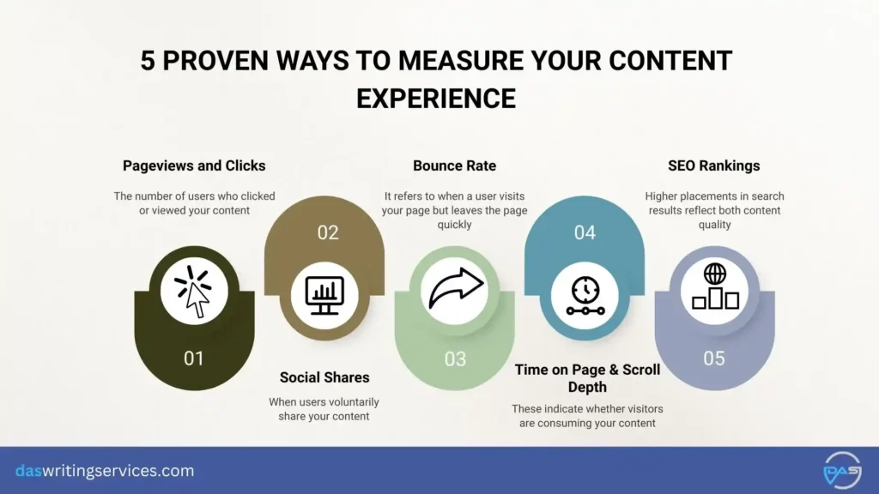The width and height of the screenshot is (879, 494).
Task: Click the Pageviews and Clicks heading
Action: (194, 166)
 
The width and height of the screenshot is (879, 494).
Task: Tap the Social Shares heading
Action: (324, 377)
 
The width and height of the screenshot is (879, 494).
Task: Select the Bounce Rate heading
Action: (454, 166)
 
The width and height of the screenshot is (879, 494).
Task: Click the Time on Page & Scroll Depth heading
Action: (587, 378)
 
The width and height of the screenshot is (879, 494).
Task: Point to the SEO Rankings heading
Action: (713, 166)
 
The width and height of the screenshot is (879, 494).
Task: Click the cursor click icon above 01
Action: (194, 292)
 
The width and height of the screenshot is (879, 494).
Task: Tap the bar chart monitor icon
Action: (324, 294)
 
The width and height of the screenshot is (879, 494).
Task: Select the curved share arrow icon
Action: (454, 292)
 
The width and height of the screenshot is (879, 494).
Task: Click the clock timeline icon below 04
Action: (585, 294)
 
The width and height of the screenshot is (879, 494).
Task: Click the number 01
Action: (194, 358)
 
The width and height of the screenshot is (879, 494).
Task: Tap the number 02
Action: (327, 232)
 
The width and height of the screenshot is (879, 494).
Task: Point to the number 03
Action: (454, 358)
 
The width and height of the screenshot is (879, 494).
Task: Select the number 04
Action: (585, 232)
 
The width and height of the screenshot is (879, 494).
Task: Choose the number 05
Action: (714, 358)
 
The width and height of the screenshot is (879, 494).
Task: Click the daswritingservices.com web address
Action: (105, 471)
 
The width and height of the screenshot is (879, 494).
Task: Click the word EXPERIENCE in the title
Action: (436, 99)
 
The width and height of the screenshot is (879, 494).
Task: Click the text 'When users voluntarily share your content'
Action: (324, 409)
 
